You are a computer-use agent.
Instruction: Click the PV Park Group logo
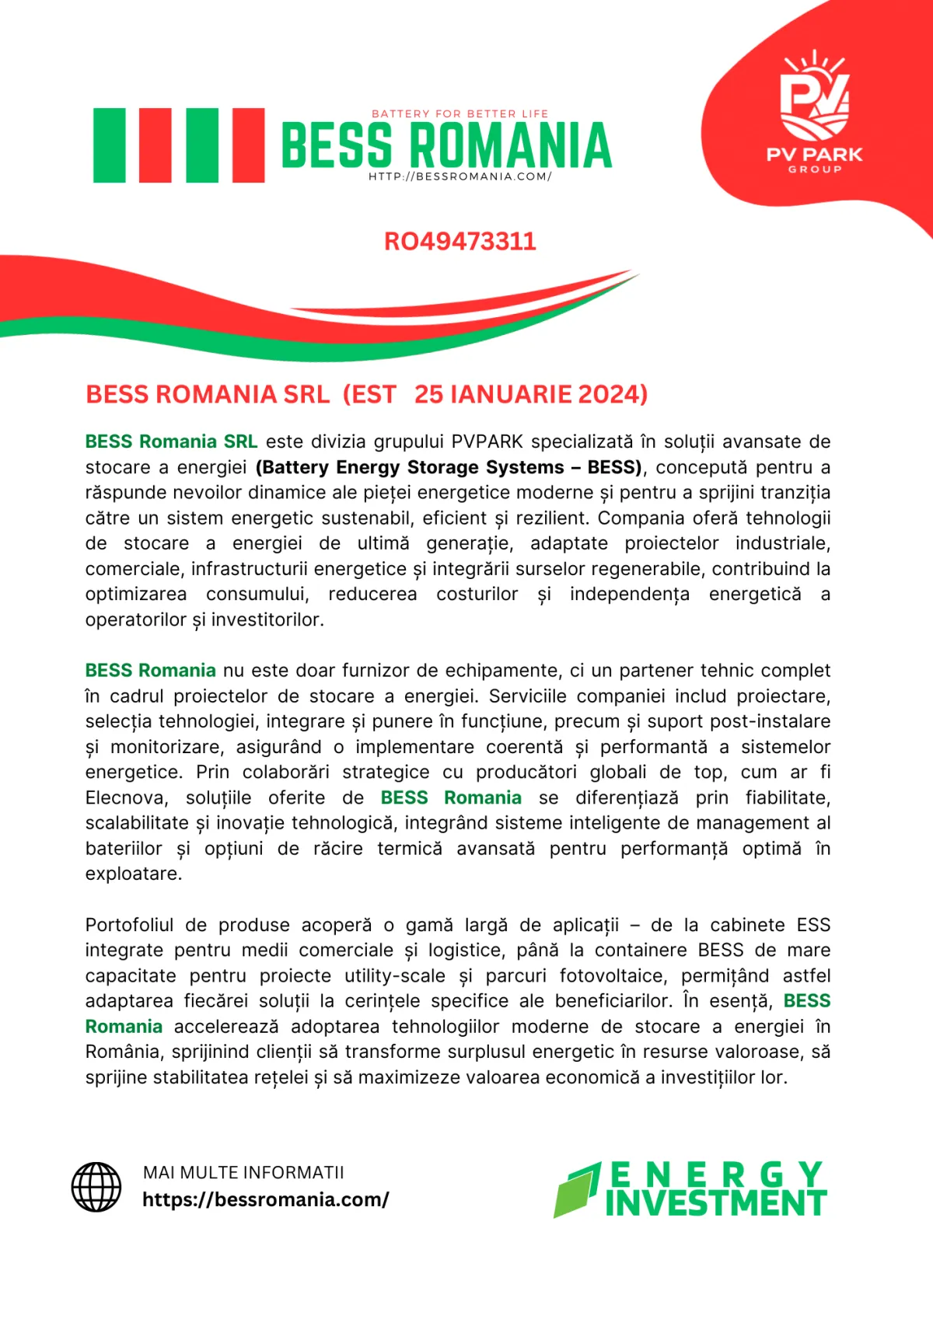(814, 113)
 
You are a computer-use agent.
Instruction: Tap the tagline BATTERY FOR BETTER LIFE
(460, 113)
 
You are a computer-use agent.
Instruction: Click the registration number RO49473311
(460, 241)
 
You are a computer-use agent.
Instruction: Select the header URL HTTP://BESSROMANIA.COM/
(460, 176)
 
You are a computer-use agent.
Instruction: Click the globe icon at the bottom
(96, 1187)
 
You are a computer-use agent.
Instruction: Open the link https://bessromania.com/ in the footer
(265, 1199)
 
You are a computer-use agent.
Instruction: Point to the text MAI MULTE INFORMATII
(243, 1172)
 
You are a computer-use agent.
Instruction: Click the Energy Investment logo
(690, 1189)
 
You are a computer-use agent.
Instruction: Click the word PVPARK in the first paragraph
(487, 441)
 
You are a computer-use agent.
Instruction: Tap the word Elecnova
(126, 797)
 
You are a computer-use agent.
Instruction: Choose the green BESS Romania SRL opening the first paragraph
(171, 441)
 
